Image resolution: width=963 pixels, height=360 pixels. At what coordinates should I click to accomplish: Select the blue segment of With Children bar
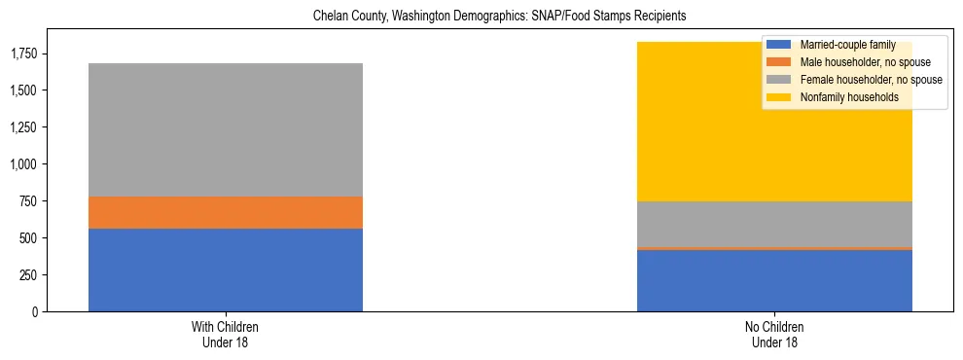point(226,270)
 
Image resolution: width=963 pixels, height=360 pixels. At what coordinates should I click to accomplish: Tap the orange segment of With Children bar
point(226,212)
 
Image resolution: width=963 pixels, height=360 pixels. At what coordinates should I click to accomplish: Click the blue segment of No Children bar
point(774,281)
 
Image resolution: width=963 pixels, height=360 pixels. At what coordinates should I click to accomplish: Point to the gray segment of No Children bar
point(774,224)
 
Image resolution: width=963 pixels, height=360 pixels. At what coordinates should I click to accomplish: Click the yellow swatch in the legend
point(780,97)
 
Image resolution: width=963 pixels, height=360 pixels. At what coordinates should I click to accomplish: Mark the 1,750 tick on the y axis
point(24,54)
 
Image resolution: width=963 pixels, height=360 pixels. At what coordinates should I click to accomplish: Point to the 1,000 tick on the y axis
point(24,164)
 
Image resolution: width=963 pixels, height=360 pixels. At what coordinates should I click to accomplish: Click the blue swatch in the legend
point(780,45)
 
